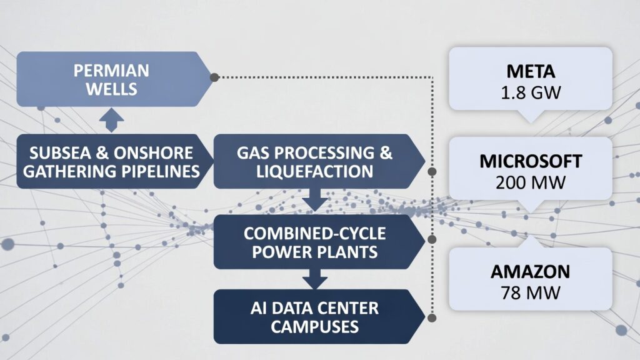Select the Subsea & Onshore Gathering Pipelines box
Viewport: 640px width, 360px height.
[111, 161]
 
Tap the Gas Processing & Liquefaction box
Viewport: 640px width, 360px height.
[315, 161]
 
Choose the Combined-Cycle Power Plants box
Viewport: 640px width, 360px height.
[315, 242]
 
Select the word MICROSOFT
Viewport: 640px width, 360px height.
[530, 162]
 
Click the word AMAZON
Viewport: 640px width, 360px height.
[530, 271]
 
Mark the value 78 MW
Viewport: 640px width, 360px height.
[530, 291]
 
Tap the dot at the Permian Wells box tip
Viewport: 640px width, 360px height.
[214, 77]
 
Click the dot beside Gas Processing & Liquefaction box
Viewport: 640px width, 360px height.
[432, 171]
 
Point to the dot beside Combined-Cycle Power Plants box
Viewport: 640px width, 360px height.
[432, 239]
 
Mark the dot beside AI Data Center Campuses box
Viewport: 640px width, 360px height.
[432, 317]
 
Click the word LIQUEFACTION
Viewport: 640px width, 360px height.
[315, 171]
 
